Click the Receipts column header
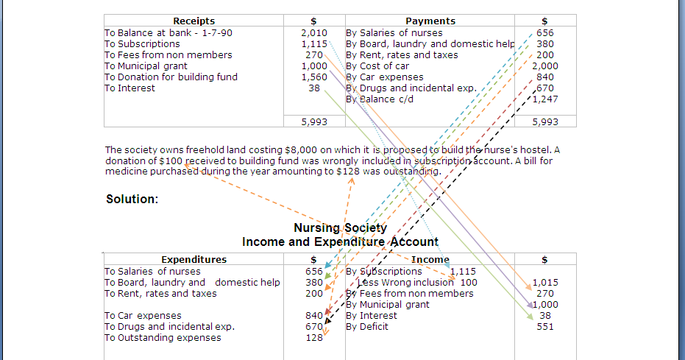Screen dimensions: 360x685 194,21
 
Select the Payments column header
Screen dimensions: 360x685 430,21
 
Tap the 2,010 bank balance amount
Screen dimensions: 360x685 314,32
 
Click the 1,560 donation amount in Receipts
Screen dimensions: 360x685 314,77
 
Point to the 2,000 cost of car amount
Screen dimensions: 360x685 545,66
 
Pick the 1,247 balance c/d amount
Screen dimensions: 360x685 545,99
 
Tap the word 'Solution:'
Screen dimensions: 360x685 132,199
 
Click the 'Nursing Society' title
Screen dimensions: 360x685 340,228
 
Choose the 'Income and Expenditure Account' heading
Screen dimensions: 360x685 340,241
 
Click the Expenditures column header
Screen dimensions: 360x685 194,259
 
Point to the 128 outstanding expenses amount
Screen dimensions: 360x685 314,338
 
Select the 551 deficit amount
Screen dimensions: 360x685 545,327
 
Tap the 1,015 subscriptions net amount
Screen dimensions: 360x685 545,282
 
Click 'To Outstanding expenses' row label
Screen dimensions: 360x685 163,338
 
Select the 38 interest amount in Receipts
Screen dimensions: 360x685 314,88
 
